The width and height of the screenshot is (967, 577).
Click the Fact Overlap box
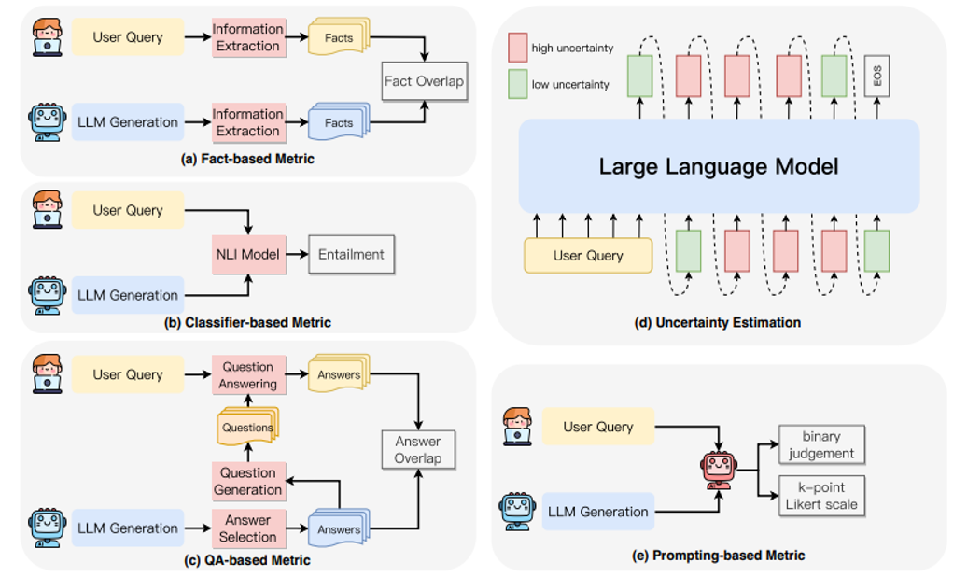pyautogui.click(x=424, y=81)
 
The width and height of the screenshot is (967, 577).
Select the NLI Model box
pyautogui.click(x=247, y=255)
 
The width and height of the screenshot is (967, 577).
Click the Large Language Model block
pyautogui.click(x=719, y=167)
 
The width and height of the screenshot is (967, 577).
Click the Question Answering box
pyautogui.click(x=247, y=375)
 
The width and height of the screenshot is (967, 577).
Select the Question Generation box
pyautogui.click(x=247, y=481)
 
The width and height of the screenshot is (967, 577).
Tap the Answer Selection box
pyautogui.click(x=247, y=528)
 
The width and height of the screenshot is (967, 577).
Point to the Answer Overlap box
pyautogui.click(x=418, y=450)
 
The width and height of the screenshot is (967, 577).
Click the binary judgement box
pyautogui.click(x=821, y=444)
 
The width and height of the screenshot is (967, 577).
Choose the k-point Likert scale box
pyautogui.click(x=821, y=496)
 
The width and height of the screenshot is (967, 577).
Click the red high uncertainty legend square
pyautogui.click(x=518, y=47)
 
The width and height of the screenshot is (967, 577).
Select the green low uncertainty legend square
pyautogui.click(x=518, y=84)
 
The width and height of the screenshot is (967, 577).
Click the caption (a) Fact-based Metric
pyautogui.click(x=247, y=159)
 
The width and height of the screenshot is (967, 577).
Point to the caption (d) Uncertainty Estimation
pyautogui.click(x=719, y=323)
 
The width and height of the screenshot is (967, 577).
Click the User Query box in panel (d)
pyautogui.click(x=588, y=255)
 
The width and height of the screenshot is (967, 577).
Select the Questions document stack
pyautogui.click(x=247, y=427)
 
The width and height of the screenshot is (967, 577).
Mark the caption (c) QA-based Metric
pyautogui.click(x=247, y=560)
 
